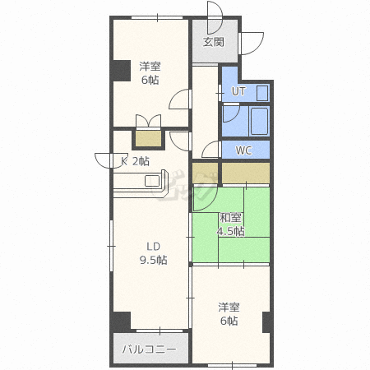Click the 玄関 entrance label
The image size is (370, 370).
pyautogui.click(x=214, y=42)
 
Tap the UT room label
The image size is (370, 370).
pyautogui.click(x=238, y=91)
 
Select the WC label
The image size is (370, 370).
pyautogui.click(x=244, y=150)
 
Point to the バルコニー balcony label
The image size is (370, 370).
pyautogui.click(x=149, y=349)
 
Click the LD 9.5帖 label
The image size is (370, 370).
pyautogui.click(x=154, y=253)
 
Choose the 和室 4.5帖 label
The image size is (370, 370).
pyautogui.click(x=231, y=224)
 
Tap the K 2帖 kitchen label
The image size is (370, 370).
pyautogui.click(x=136, y=161)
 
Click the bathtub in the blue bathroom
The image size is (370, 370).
pyautogui.click(x=259, y=121)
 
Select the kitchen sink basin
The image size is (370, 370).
pyautogui.click(x=152, y=181)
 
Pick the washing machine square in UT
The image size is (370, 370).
pyautogui.click(x=262, y=93)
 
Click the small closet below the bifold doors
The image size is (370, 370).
pyautogui.click(x=148, y=139)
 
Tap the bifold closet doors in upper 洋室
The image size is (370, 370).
pyautogui.click(x=148, y=121)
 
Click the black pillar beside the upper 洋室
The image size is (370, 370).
pyautogui.click(x=121, y=71)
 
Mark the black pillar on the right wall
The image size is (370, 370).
pyautogui.click(x=267, y=322)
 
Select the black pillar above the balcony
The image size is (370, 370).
pyautogui.click(x=121, y=321)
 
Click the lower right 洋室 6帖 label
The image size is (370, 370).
pyautogui.click(x=229, y=314)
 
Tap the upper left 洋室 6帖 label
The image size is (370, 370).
pyautogui.click(x=150, y=73)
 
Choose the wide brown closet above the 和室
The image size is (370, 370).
pyautogui.click(x=246, y=173)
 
